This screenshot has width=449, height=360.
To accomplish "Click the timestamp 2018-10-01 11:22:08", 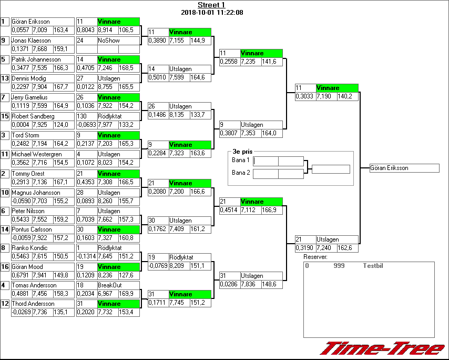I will coord(211,12).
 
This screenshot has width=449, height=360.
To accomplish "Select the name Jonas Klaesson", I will coord(31,41).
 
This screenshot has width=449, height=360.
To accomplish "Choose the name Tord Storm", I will coord(26,135).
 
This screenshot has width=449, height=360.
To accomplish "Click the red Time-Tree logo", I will coord(382,348).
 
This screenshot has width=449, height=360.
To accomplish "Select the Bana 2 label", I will coord(240,173).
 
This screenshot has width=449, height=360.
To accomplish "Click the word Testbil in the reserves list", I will coord(373,266).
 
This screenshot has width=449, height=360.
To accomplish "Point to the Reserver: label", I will coord(315,257).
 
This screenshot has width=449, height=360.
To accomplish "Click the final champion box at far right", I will coord(404,168).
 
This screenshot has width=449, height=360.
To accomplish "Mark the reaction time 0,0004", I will coord(21,125).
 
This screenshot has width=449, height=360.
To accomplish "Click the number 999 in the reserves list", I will coord(339,266).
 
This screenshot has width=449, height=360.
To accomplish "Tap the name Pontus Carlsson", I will coord(32,229).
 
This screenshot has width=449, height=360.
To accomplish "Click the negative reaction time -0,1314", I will coord(86,256).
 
